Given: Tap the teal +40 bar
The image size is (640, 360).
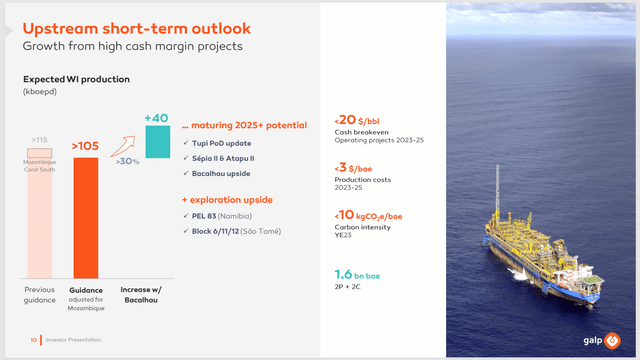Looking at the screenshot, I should pos(155,141).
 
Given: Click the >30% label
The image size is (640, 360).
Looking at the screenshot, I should pos(127,161).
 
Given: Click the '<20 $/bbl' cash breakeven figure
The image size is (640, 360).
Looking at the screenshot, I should pos(366,120).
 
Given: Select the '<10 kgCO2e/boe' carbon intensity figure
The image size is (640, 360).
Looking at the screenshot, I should pos(378,216).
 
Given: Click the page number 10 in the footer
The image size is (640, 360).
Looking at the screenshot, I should pos(33,340).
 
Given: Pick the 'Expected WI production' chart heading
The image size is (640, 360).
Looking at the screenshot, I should pos(77,78).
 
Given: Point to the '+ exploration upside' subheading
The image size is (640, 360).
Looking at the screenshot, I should pos(229,200).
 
